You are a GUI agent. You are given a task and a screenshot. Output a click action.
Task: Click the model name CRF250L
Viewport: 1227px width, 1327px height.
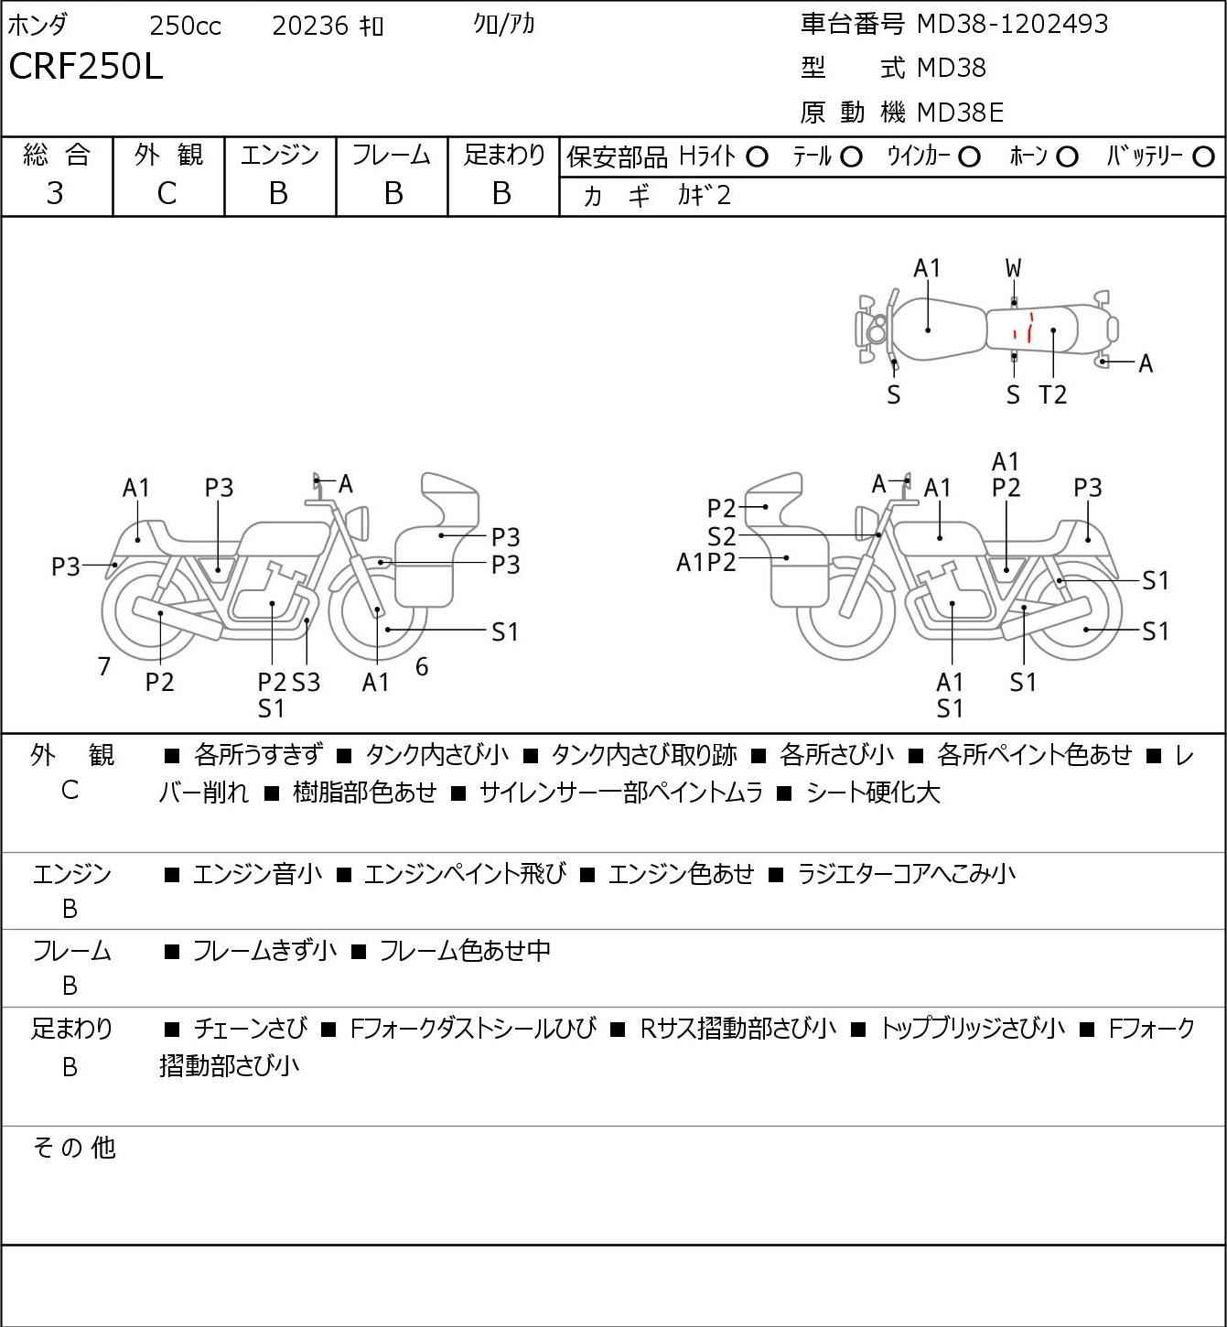pos(86,67)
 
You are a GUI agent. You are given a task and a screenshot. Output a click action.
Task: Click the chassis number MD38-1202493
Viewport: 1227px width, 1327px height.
pos(1012,24)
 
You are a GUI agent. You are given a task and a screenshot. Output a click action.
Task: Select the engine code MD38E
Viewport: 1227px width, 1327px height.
pos(960,112)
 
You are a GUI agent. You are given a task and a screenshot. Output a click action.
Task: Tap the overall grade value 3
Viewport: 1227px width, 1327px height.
pos(55,193)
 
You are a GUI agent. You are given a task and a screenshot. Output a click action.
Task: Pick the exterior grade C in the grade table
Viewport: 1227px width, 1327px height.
pos(167,193)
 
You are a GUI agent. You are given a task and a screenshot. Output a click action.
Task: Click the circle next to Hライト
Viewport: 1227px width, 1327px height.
pos(757,157)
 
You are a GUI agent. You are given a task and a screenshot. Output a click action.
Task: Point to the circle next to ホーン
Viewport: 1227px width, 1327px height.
pos(1067,157)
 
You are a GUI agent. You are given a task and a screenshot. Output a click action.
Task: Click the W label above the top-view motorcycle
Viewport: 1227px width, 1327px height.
pos(1013,268)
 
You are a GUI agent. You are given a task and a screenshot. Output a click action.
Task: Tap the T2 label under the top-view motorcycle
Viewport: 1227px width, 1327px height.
pos(1053,394)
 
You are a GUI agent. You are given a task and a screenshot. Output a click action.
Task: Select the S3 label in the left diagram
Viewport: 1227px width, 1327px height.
pos(307,682)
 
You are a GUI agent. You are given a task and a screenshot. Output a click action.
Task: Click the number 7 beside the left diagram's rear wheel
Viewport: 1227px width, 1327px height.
pos(104,666)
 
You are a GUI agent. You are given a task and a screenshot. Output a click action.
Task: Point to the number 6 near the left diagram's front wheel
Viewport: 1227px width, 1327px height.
pos(422,666)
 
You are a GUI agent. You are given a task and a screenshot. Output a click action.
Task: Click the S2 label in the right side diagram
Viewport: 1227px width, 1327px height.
pos(721,536)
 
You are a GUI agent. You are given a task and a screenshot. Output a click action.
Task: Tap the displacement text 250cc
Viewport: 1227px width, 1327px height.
pos(185,26)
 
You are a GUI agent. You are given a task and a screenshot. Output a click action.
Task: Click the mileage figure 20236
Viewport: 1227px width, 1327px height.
pos(310,26)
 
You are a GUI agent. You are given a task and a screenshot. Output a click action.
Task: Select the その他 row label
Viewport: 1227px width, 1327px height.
pos(73,1147)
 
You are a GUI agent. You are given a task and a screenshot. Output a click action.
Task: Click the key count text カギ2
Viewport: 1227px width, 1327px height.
pos(704,195)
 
